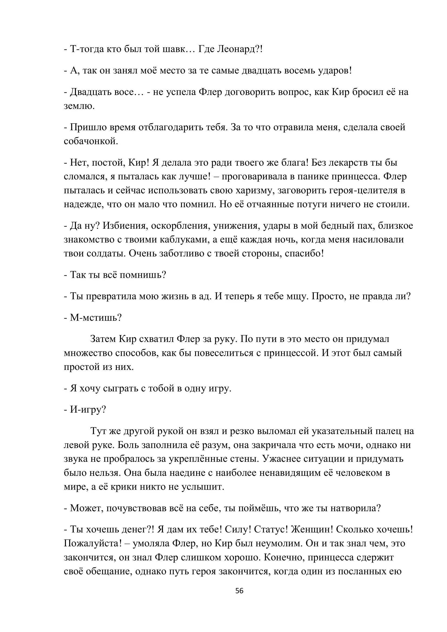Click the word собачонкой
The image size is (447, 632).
(91, 141)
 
